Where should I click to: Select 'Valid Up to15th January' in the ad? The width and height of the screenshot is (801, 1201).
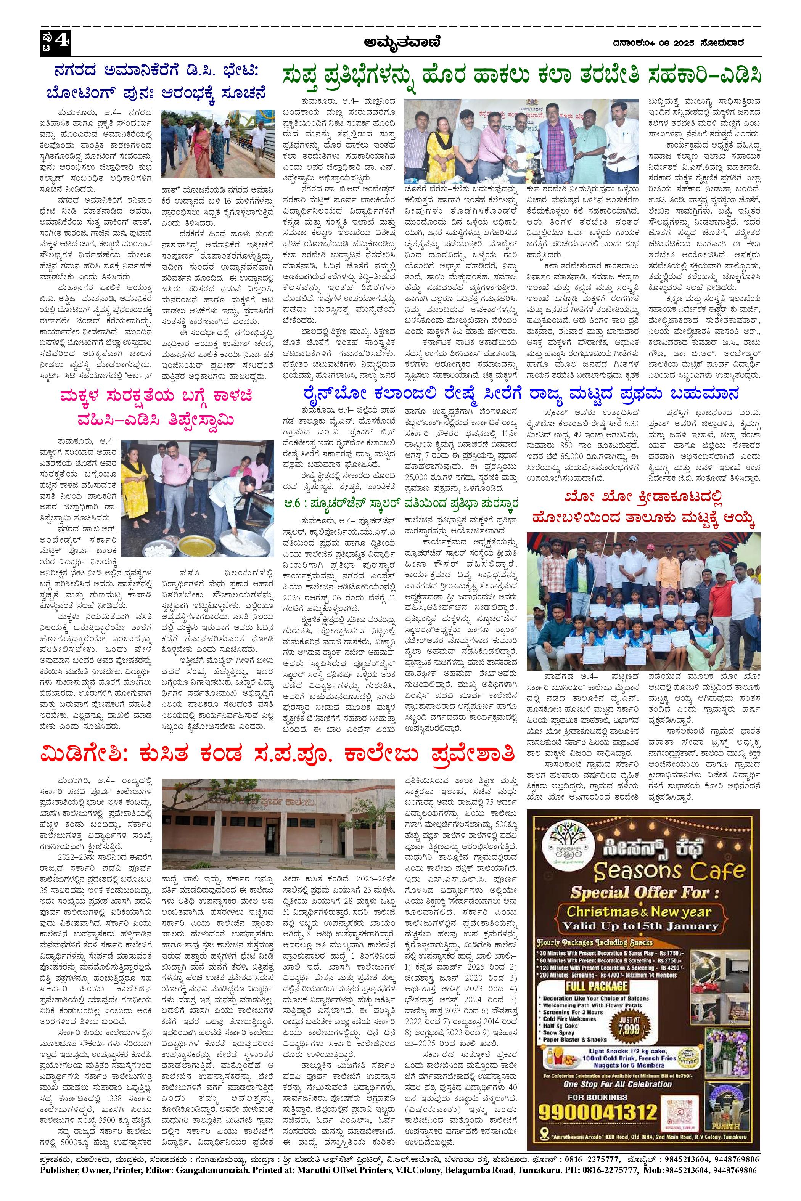640,925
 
